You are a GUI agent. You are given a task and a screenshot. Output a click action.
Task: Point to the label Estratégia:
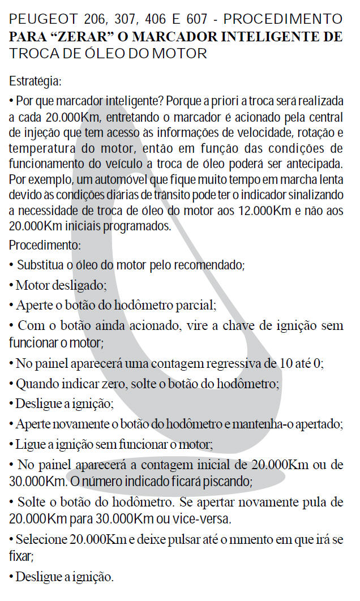coord(35,81)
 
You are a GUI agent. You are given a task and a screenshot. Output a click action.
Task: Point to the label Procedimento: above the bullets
coord(45,246)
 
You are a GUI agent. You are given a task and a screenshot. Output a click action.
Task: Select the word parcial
coord(196,306)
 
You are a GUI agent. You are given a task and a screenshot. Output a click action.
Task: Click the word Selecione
coord(40,539)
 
